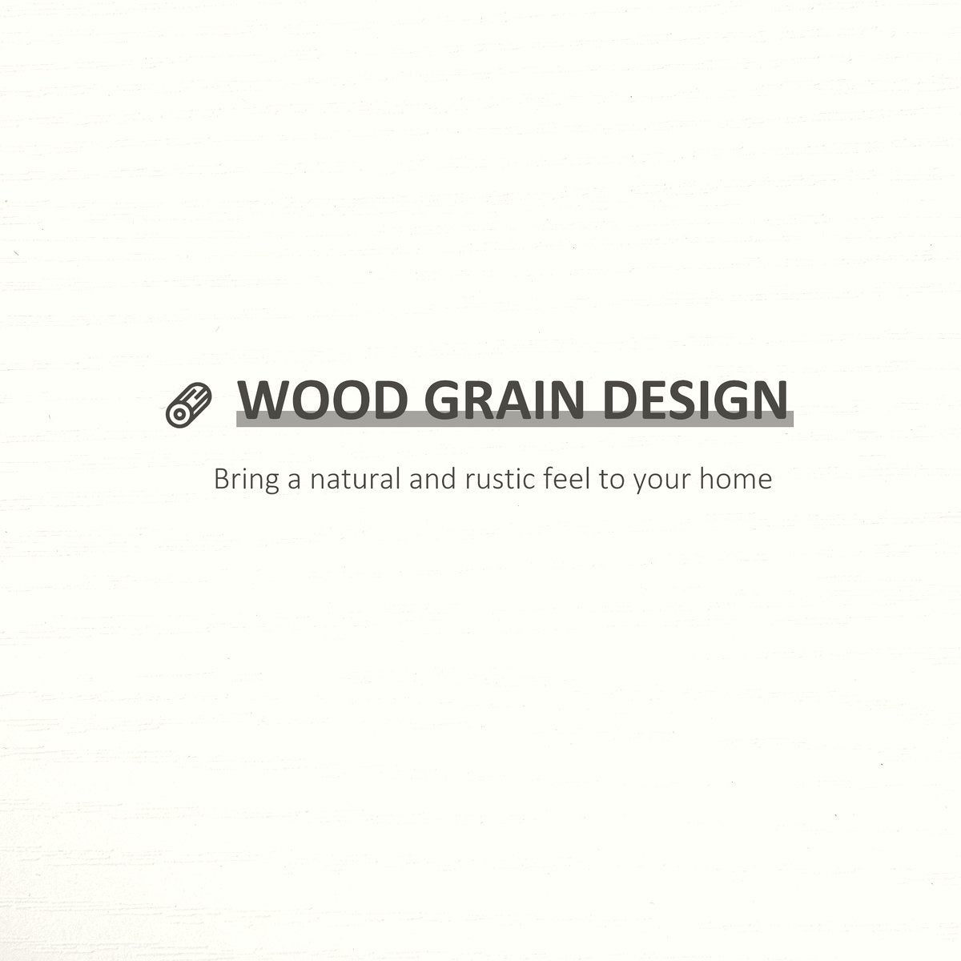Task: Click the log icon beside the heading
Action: [x=188, y=404]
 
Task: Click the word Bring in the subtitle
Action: [x=247, y=480]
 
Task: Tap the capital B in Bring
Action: [x=222, y=480]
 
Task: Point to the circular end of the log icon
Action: [x=178, y=413]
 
